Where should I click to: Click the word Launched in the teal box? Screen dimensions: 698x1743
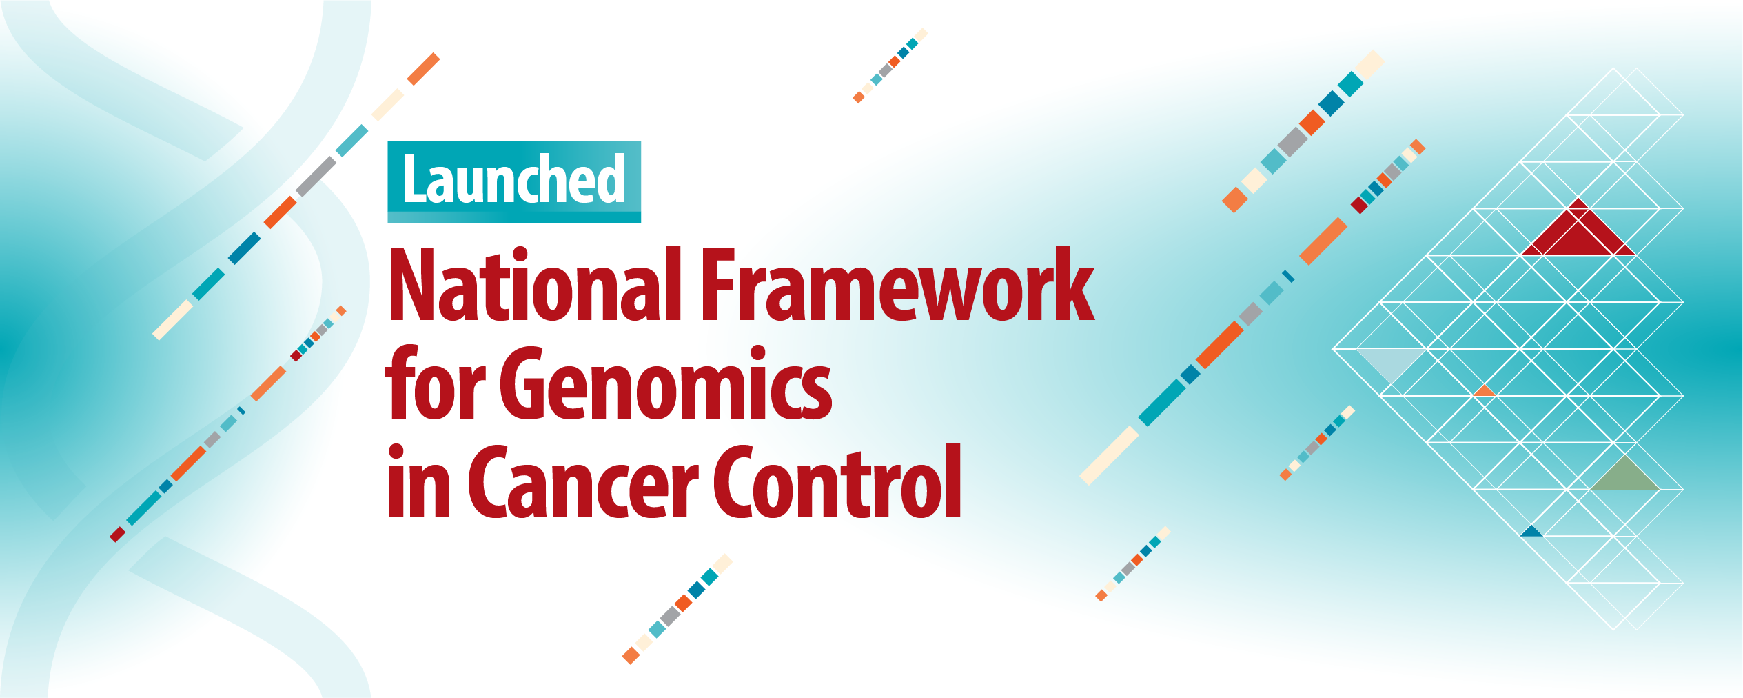pos(513,180)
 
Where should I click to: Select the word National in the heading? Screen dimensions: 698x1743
pos(535,286)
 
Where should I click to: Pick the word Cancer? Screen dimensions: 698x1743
pos(583,483)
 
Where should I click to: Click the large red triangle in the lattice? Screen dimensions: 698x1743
pos(1578,235)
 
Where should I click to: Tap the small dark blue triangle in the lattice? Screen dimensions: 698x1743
pos(1531,532)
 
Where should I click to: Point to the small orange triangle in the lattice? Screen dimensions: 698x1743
pos(1485,392)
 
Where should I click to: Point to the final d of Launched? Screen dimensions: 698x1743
pos(611,179)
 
